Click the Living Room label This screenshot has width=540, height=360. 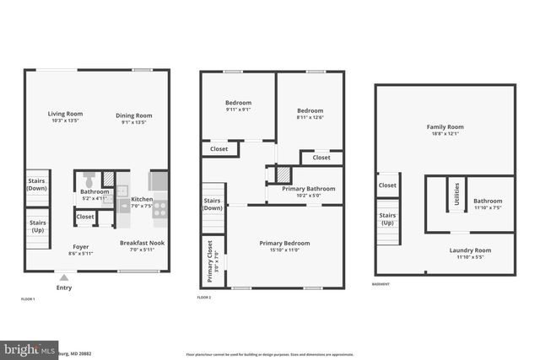pos(64,114)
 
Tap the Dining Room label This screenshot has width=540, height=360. pos(133,116)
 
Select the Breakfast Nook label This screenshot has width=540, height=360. pos(142,243)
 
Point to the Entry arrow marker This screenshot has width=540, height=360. pos(64,277)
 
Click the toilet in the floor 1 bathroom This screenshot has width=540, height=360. pos(89,180)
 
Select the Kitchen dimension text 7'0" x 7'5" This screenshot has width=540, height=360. pos(142,205)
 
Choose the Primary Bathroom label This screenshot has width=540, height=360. pos(308,189)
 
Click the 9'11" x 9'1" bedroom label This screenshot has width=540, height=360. pos(238,103)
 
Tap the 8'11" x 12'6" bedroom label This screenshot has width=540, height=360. pos(310,110)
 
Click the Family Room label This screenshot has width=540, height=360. pos(445,127)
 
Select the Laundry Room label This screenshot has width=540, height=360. pos(470,250)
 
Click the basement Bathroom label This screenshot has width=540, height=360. pos(488,201)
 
